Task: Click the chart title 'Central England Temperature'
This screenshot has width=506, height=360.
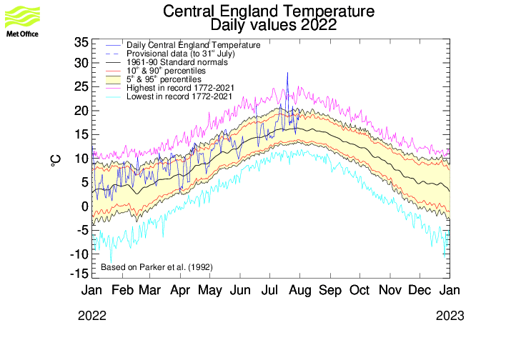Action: pyautogui.click(x=269, y=12)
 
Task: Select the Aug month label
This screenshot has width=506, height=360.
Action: pyautogui.click(x=300, y=291)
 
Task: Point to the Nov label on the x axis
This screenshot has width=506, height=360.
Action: pyautogui.click(x=390, y=291)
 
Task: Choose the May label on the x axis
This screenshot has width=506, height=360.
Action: pyautogui.click(x=210, y=291)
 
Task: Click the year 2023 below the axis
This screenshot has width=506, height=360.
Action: pyautogui.click(x=451, y=316)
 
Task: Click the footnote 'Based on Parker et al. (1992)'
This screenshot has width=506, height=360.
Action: pyautogui.click(x=157, y=267)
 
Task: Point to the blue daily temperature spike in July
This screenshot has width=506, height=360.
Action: pyautogui.click(x=287, y=74)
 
